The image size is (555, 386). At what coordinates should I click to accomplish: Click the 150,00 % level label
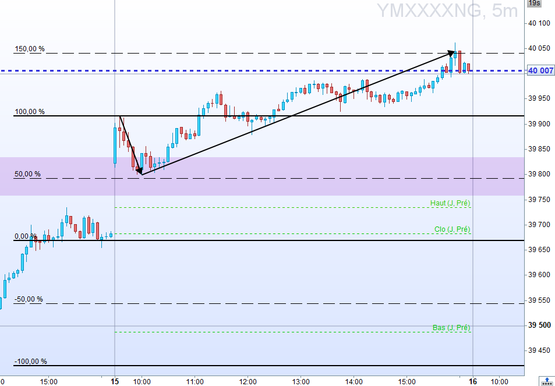pos(29,49)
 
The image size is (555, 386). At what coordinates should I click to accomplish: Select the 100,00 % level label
pos(29,111)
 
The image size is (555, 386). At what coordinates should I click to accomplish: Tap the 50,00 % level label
pos(28,173)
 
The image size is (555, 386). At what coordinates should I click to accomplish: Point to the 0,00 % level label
pos(26,236)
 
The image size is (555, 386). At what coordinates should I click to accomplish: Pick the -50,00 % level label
pos(29,299)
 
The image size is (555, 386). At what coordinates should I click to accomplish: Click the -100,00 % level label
pos(30,361)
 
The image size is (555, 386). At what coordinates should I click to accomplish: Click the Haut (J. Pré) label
pos(450,203)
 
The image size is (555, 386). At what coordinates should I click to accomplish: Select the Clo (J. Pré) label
pos(452,229)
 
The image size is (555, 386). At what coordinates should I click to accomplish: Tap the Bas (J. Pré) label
pos(451,328)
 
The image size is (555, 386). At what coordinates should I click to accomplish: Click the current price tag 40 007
pos(540,71)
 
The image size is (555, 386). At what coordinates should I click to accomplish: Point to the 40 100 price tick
pos(539,23)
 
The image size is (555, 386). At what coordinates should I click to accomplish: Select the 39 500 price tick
pos(539,325)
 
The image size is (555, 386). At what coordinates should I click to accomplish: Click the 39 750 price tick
pos(539,199)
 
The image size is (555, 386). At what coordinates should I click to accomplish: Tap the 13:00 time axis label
pos(301,381)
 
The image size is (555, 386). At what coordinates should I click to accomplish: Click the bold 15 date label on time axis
pos(115,381)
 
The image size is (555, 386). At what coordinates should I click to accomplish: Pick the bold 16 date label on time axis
pos(473,381)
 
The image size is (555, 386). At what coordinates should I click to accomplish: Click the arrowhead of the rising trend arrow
pos(451,53)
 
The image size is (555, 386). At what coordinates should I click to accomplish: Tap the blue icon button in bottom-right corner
pos(547,381)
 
